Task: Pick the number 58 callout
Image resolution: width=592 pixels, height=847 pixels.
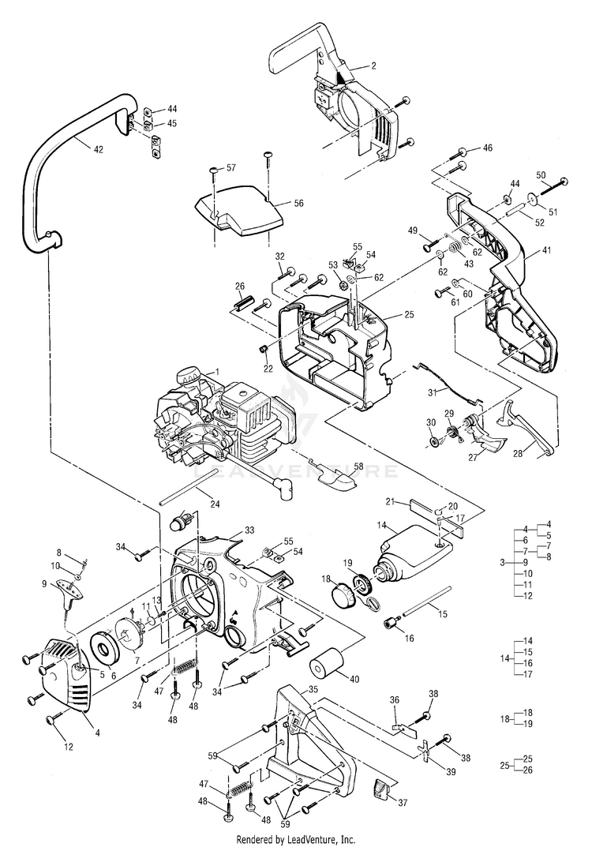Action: click(x=359, y=468)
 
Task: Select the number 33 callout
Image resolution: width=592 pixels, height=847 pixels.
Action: click(x=249, y=530)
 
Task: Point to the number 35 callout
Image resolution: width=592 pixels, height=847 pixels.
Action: click(x=313, y=689)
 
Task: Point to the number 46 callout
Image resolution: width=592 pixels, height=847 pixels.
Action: click(x=487, y=148)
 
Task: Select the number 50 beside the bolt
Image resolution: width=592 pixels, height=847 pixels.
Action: click(x=541, y=174)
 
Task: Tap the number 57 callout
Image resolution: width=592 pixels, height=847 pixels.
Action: click(x=231, y=167)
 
